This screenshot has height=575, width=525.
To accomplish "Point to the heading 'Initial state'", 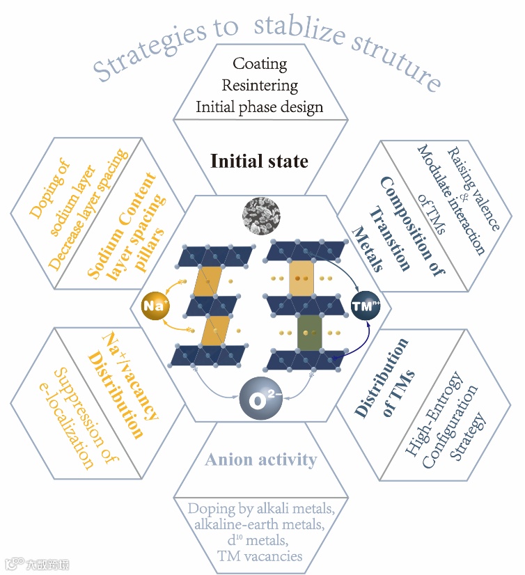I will coord(259,162).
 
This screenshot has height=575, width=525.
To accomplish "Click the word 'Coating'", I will coord(260,64).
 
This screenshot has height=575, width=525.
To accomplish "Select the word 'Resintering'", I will coord(260,86).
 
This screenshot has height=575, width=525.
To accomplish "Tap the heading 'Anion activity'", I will coord(260,459).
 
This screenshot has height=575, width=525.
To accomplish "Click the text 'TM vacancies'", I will coord(259,556).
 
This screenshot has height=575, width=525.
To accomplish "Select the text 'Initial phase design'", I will coord(260,107).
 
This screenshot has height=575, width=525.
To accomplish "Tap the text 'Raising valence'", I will coord(473,189).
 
